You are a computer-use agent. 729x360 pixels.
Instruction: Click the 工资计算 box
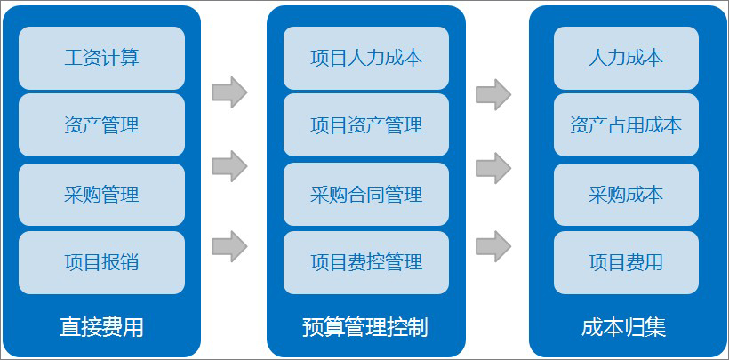tap(102, 58)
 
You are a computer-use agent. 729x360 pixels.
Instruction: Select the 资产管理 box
tap(102, 125)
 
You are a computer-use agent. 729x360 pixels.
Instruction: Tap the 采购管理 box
tap(102, 195)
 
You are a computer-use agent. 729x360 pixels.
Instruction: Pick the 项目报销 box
tap(102, 262)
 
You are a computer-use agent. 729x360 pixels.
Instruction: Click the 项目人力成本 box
tap(366, 58)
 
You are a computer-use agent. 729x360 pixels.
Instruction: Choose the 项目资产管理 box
tap(366, 125)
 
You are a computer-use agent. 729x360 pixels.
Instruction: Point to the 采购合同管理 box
tap(366, 195)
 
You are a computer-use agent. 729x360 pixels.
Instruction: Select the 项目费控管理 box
tap(366, 262)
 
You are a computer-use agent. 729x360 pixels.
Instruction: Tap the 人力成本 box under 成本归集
tap(626, 58)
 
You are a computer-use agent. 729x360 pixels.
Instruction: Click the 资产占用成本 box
tap(626, 125)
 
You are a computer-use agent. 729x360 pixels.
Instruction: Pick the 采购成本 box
tap(626, 195)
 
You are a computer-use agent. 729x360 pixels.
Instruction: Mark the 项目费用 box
tap(626, 262)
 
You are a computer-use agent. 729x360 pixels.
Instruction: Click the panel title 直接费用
tap(102, 327)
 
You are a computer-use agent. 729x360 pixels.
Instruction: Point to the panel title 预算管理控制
tap(365, 327)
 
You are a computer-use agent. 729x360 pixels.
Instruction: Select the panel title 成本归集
tap(624, 327)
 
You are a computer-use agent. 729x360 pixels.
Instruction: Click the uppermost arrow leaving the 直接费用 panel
tap(229, 92)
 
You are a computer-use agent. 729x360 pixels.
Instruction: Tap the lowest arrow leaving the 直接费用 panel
tap(229, 246)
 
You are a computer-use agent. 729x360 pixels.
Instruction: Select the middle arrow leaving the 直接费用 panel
tap(229, 166)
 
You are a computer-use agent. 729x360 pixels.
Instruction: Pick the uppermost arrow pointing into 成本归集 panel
tap(493, 94)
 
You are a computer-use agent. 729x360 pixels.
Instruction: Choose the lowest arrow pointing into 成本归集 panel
tap(493, 246)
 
